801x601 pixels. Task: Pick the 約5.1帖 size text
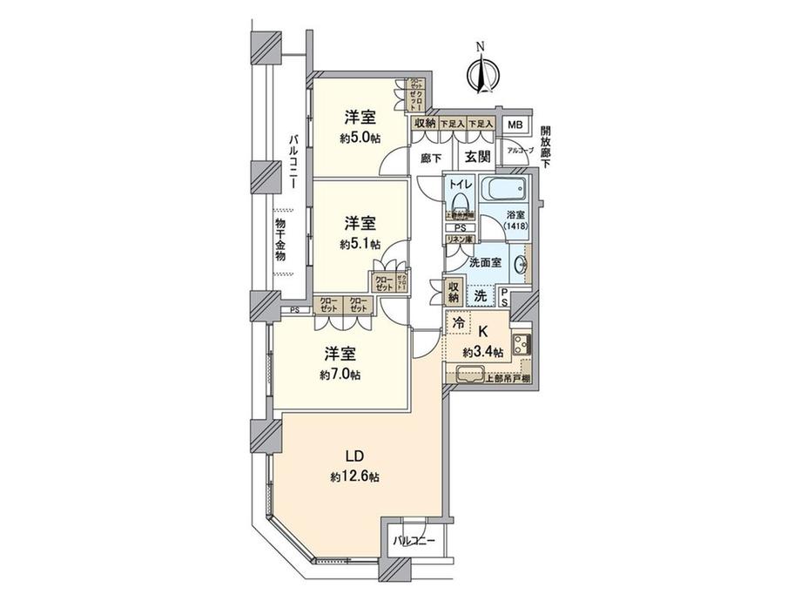(x=359, y=244)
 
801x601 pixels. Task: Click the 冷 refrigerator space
(x=458, y=323)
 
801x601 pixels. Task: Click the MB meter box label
(x=515, y=125)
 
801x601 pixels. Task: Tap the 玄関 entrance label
(x=476, y=157)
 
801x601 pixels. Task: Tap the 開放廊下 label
(x=545, y=145)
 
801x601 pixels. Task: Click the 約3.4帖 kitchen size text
(x=482, y=352)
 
